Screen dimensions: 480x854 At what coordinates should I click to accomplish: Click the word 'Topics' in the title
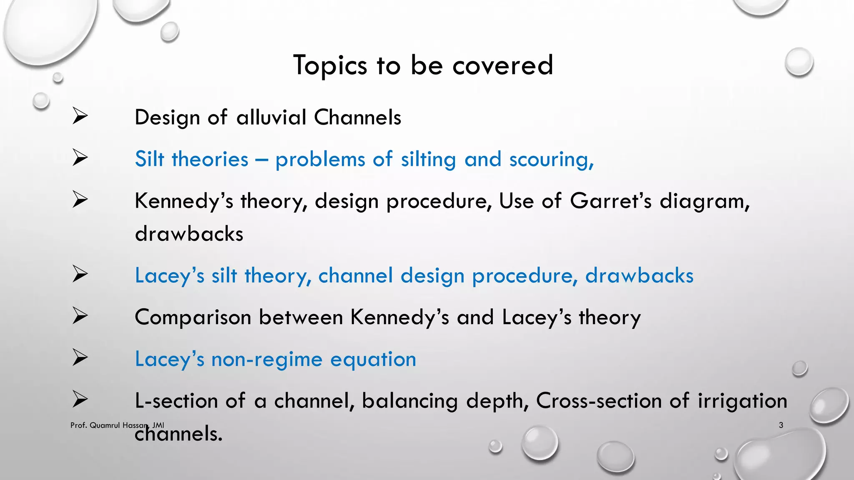tap(330, 65)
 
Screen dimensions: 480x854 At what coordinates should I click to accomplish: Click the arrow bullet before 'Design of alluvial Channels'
tap(80, 116)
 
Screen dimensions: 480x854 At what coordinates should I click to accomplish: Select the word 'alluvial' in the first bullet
tap(271, 117)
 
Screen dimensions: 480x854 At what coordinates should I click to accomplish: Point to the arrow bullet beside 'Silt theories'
tap(80, 157)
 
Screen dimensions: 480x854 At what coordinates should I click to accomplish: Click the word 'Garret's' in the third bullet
tap(610, 201)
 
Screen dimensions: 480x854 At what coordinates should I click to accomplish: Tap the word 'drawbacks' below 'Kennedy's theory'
tap(189, 234)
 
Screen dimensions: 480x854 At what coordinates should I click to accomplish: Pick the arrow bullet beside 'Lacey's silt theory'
tap(80, 274)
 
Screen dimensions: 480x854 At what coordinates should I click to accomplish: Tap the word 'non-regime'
tap(267, 359)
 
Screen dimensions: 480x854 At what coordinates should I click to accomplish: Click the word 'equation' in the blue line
tap(373, 360)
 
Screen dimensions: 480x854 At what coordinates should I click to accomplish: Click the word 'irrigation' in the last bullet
tap(742, 401)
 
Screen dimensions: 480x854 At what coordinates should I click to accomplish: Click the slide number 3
tap(781, 425)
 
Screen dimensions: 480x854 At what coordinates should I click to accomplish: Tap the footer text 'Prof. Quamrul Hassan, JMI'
tap(117, 425)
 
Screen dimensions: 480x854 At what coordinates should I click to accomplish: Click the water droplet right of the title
tap(799, 62)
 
